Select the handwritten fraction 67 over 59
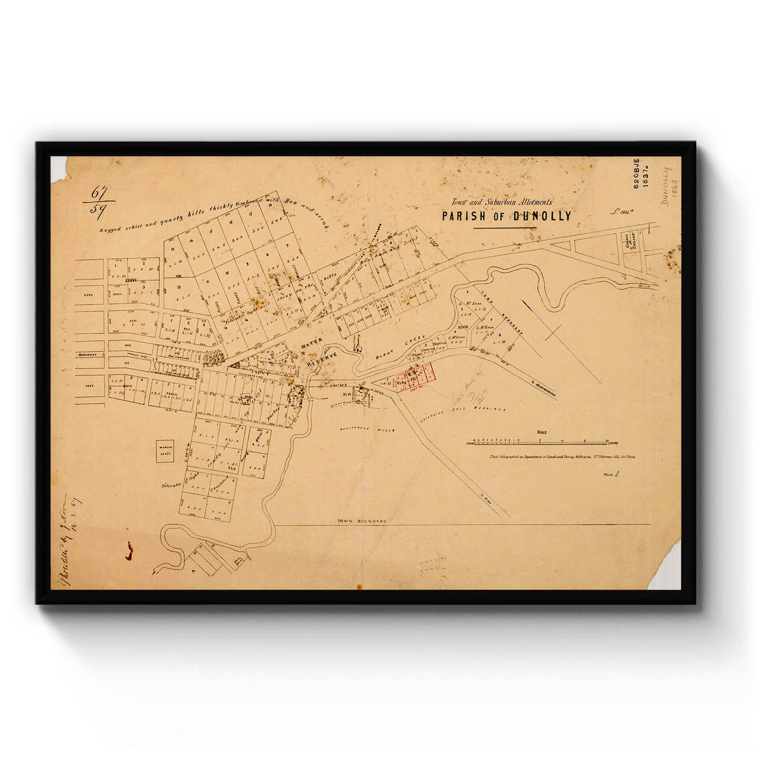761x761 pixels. [x=98, y=201]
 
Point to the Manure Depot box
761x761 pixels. [x=165, y=451]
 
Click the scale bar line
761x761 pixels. [x=542, y=441]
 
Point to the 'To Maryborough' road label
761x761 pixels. [x=543, y=387]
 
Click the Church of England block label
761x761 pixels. [x=632, y=242]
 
